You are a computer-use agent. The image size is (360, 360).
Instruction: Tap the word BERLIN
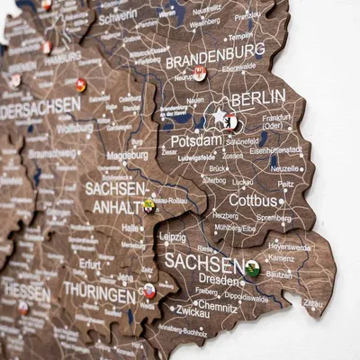(258, 97)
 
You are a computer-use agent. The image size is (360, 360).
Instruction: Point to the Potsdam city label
(195, 140)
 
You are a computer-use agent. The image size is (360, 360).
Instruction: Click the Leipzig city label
(172, 238)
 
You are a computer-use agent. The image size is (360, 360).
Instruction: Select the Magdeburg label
(127, 155)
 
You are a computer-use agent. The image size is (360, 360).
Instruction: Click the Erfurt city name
(90, 265)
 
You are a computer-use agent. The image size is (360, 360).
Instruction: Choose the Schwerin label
(118, 15)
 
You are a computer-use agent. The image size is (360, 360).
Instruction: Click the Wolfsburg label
(75, 127)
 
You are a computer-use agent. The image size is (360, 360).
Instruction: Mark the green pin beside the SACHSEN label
(253, 267)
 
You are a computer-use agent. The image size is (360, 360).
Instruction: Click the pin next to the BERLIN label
(232, 120)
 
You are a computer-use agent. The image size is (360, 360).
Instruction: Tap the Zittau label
(313, 305)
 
